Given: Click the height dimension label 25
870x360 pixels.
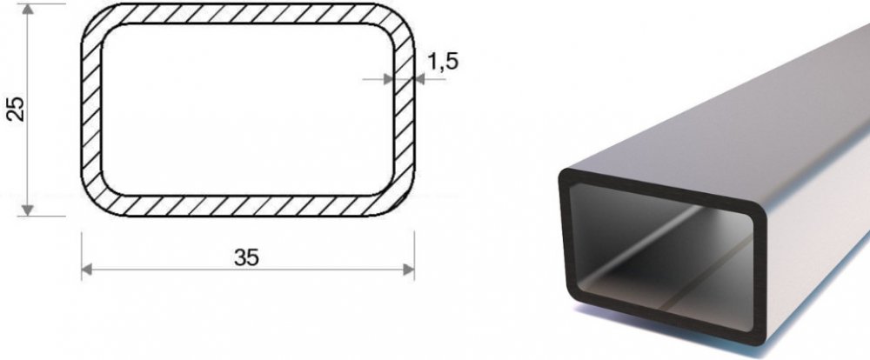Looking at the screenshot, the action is (17, 110).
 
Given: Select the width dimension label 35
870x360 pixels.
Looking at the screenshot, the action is (246, 257).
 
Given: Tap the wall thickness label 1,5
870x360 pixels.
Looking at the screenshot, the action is (443, 62).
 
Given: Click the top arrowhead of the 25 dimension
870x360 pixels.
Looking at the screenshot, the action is (28, 9).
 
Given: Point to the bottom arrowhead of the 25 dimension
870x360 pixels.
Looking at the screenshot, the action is (28, 210).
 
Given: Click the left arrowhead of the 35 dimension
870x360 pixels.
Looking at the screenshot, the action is (87, 270).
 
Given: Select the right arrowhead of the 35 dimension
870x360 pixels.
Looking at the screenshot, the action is (408, 270).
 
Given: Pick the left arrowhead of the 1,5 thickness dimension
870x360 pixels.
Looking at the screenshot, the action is (388, 79).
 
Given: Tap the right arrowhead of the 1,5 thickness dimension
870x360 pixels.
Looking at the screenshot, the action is (419, 79).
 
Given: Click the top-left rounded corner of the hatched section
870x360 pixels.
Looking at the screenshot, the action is (95, 17).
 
